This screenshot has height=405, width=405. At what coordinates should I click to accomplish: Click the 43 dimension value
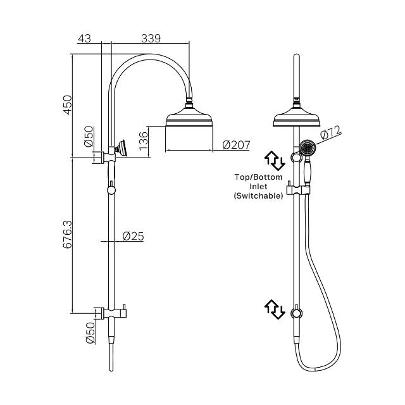[x=84, y=39]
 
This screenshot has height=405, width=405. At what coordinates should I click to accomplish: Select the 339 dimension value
[x=151, y=39]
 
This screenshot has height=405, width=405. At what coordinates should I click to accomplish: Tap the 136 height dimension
[x=144, y=138]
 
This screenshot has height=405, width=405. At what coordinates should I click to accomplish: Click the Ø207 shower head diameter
[x=236, y=146]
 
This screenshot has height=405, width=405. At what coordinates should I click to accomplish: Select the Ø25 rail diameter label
[x=132, y=236]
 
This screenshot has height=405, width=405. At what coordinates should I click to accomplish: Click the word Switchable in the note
[x=258, y=197]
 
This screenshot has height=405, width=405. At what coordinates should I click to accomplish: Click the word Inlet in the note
[x=258, y=187]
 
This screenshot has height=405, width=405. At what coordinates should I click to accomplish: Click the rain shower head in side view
[x=189, y=118]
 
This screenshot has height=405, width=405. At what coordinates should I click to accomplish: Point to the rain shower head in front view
[x=296, y=118]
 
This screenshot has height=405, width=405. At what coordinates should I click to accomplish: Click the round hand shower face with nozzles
[x=309, y=149]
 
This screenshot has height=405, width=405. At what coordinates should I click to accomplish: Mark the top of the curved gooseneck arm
[x=149, y=58]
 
